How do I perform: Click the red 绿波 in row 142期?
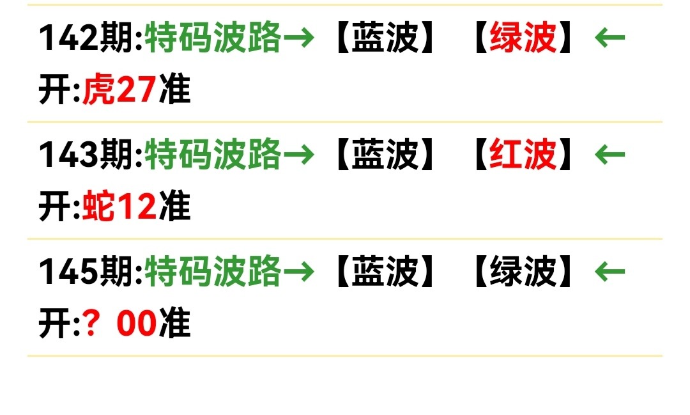pos(523,38)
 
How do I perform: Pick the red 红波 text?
pos(523,155)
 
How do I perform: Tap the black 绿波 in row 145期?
pos(523,272)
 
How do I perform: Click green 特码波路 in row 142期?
pos(213,38)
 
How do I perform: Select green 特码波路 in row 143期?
pos(213,155)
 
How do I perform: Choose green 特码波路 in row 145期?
pos(213,272)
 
